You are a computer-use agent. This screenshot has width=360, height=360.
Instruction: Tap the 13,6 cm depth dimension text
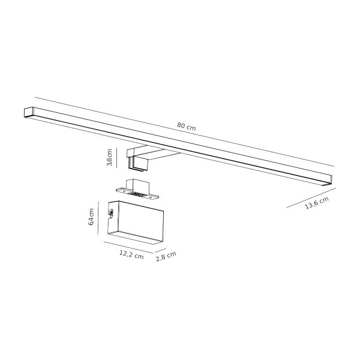pyautogui.click(x=317, y=203)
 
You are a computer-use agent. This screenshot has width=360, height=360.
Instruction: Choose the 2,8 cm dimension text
pyautogui.click(x=166, y=257)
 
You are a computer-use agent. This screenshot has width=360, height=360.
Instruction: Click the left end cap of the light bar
pyautogui.click(x=28, y=112)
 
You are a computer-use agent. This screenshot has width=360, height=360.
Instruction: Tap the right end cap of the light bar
pyautogui.click(x=327, y=178)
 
